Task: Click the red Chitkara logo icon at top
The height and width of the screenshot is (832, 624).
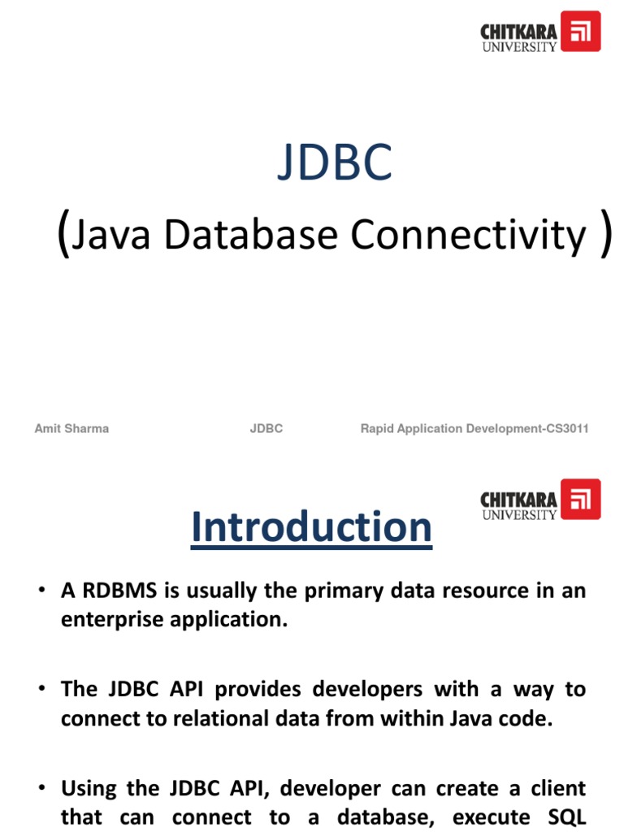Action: (581, 32)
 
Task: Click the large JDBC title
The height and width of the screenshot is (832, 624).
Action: (335, 162)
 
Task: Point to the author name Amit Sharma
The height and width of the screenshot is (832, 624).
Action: (71, 428)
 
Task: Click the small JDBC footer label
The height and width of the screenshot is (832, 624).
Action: (266, 428)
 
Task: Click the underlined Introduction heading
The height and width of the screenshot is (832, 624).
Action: (311, 527)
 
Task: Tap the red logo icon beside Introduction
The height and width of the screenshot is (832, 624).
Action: (581, 499)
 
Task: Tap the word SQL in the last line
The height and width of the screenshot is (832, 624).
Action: (567, 817)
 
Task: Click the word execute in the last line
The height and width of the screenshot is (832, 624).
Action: (488, 817)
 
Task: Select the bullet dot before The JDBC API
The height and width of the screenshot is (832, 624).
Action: (39, 690)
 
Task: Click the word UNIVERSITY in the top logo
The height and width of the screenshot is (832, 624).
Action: (520, 46)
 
